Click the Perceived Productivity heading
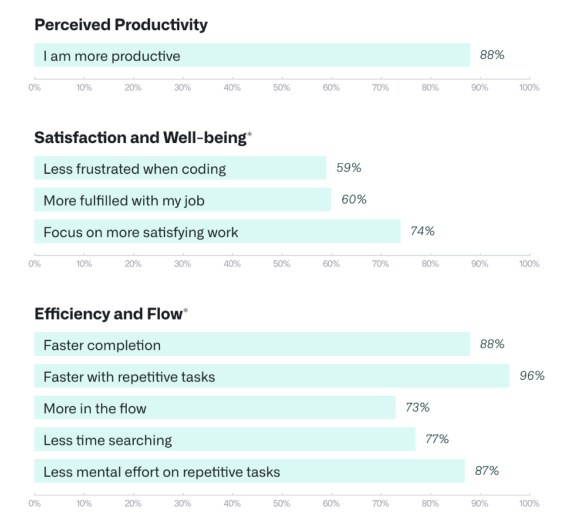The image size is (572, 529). pos(121,25)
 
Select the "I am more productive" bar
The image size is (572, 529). pos(252,55)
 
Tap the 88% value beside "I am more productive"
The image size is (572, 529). pos(492,55)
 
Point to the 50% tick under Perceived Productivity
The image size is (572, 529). pos(281,87)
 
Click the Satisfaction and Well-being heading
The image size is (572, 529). pos(140,138)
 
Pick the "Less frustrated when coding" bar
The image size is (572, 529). pos(180,169)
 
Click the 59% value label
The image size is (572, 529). pos(348,169)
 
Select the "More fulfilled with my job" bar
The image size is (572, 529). pos(182,200)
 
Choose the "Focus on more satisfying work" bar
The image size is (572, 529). pos(217,232)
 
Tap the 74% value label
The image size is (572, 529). pos(422,232)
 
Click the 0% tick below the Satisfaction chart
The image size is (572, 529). pos(34,264)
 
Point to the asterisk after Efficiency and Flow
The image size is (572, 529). pos(185,311)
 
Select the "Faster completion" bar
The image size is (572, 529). pos(252,345)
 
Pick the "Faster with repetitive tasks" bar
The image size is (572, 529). pos(272,376)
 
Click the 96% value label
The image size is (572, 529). pos(532,376)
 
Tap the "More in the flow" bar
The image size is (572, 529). pos(215,408)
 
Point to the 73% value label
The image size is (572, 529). pos(418,408)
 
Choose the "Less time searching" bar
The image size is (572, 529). pos(225,439)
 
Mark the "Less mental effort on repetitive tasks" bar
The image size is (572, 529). pos(249,471)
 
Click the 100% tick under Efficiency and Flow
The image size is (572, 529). pos(529,503)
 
